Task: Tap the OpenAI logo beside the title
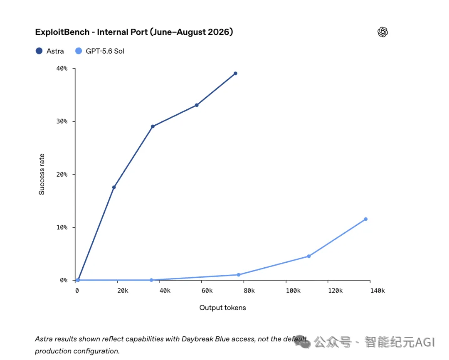point(382,32)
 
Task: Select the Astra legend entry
point(50,51)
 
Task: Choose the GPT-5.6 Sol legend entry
point(100,51)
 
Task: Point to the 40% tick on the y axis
point(62,69)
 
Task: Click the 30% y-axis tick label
point(62,121)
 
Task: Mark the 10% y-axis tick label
point(62,227)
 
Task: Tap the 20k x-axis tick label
point(123,291)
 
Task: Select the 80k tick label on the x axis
point(249,291)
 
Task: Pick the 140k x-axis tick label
point(377,291)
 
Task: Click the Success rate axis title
point(42,174)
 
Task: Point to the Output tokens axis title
point(222,308)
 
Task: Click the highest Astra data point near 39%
point(235,74)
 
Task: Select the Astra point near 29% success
point(153,126)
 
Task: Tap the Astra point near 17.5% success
point(114,187)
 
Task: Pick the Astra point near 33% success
point(197,105)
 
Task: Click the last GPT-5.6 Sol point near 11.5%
point(366,219)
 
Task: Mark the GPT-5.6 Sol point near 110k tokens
point(308,256)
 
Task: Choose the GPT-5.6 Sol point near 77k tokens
point(239,275)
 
